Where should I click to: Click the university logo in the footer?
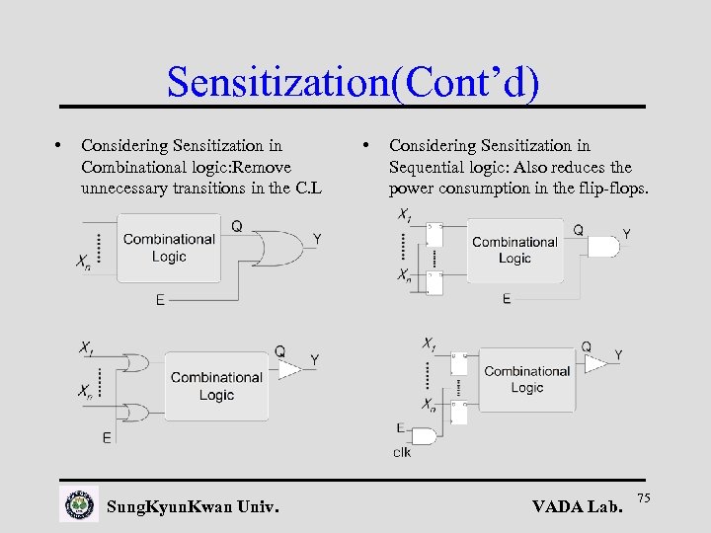pyautogui.click(x=79, y=503)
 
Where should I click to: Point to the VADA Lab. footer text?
pyautogui.click(x=578, y=507)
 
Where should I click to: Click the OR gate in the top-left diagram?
pyautogui.click(x=279, y=248)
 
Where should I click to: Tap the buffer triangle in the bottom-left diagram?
pyautogui.click(x=289, y=368)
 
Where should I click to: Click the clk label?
pyautogui.click(x=402, y=452)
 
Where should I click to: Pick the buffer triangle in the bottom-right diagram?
pyautogui.click(x=595, y=364)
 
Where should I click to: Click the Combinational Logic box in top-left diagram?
pyautogui.click(x=169, y=248)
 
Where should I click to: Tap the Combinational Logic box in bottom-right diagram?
pyautogui.click(x=526, y=380)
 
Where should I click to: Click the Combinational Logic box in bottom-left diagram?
pyautogui.click(x=215, y=385)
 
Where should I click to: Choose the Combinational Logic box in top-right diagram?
pyautogui.click(x=514, y=250)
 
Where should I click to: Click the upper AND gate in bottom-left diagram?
pyautogui.click(x=135, y=363)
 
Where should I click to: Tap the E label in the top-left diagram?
pyautogui.click(x=160, y=299)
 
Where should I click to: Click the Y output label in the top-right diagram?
pyautogui.click(x=626, y=235)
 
